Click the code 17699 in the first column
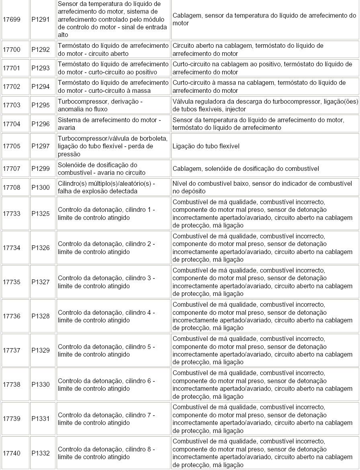11,19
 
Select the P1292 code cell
41,50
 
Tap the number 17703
11,105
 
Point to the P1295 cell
41,105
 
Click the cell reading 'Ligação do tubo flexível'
206,146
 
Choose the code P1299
41,169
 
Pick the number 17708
11,187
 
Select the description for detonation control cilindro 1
106,213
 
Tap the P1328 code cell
41,316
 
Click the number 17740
11,454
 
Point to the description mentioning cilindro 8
106,453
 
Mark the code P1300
41,187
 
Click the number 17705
11,146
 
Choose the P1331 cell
41,419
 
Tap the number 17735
11,282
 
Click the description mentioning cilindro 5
106,350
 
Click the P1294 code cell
41,87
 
